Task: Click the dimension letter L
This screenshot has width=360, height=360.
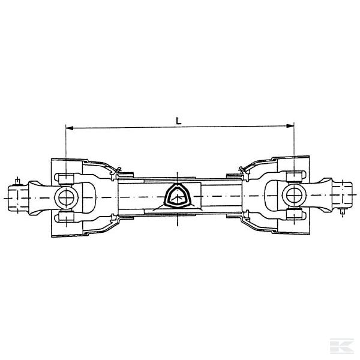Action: coord(179,120)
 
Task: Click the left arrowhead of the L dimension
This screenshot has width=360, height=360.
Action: coord(68,127)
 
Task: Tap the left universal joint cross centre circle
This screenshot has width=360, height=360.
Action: coord(63,196)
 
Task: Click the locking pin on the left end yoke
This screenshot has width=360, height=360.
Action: coord(18,180)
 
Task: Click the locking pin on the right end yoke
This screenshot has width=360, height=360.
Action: coord(342,211)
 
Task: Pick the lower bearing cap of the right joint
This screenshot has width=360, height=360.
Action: coord(293,215)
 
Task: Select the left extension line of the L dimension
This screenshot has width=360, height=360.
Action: coord(65,144)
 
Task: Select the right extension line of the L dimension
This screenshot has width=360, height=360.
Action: coord(295,144)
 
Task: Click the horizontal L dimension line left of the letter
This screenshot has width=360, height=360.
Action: coord(120,127)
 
